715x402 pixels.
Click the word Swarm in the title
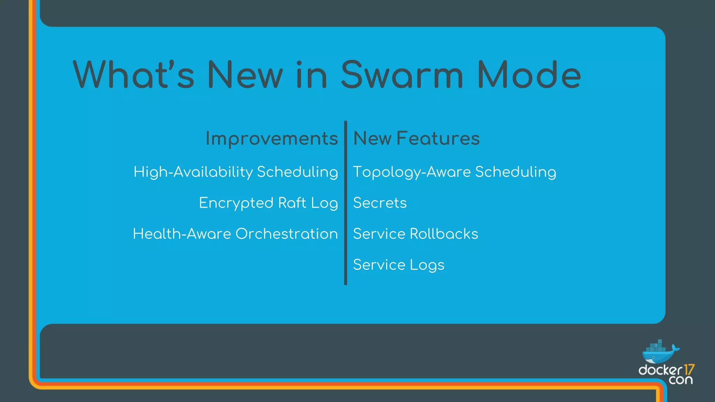[x=401, y=75]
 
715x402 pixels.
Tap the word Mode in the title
[x=529, y=75]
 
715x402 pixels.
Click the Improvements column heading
[x=272, y=139]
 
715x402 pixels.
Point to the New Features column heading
[x=417, y=139]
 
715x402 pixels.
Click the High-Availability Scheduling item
[x=236, y=172]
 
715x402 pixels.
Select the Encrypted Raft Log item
[x=268, y=203]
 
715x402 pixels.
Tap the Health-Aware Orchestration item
[x=235, y=234]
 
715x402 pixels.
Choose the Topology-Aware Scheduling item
[x=455, y=172]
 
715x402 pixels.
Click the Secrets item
[x=380, y=203]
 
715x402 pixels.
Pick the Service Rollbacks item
[x=415, y=234]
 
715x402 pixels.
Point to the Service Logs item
[x=399, y=265]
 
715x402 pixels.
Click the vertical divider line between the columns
[x=346, y=202]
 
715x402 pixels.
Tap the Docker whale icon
[x=659, y=352]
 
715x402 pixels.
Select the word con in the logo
[x=681, y=380]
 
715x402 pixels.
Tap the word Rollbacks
[x=444, y=234]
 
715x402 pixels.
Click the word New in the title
[x=245, y=75]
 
